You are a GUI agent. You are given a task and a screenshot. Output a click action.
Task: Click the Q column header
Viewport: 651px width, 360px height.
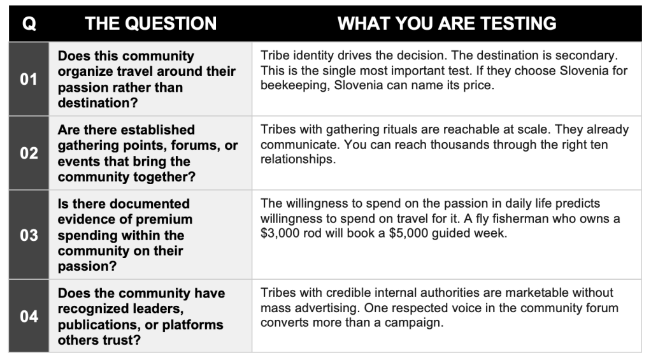(29, 24)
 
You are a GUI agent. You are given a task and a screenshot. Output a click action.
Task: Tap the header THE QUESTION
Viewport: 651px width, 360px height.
(151, 24)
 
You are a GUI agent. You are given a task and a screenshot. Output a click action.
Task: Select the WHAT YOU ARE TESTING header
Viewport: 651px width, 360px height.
(447, 24)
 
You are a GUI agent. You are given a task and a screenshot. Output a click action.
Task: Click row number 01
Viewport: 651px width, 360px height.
(29, 79)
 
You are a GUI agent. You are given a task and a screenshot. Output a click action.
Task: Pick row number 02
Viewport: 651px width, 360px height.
(29, 153)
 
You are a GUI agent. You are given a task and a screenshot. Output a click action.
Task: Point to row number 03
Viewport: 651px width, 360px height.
(29, 235)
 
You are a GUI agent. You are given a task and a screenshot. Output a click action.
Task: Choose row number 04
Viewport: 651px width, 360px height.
(29, 317)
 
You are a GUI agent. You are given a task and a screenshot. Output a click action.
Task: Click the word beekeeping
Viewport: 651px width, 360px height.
(295, 85)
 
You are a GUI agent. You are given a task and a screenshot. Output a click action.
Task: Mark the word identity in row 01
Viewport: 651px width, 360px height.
(311, 55)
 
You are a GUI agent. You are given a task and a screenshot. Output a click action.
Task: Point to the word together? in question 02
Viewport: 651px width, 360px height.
(161, 177)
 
